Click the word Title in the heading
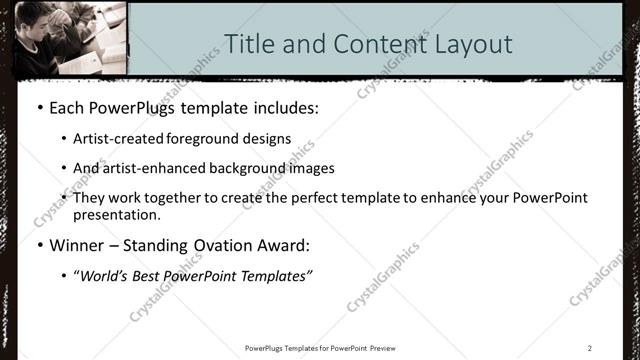(x=247, y=44)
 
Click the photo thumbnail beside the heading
(x=70, y=38)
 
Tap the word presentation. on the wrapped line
(x=115, y=214)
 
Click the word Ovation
(x=217, y=245)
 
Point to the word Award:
(x=283, y=245)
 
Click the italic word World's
(x=104, y=275)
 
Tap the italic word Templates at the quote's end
(x=276, y=275)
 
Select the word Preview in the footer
(x=390, y=347)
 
